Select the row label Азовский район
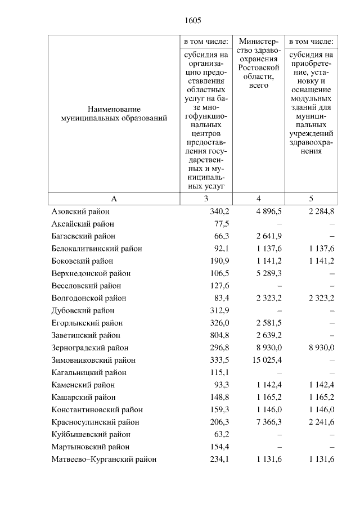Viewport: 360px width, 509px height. point(80,211)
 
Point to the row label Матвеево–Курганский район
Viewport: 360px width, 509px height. point(103,459)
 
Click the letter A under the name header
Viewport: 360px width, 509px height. point(114,199)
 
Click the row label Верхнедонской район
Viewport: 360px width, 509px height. point(91,273)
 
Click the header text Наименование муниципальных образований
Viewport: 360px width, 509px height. point(114,114)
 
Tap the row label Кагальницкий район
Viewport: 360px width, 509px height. point(89,372)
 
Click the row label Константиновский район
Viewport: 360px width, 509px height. point(96,409)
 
